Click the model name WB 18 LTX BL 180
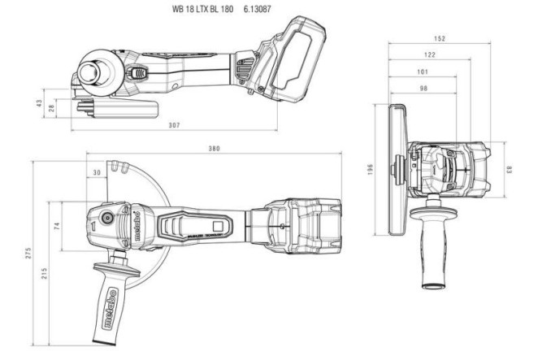tap(202, 9)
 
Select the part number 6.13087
tap(258, 9)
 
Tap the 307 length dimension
tap(174, 124)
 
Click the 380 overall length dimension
tap(214, 148)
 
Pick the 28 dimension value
tap(52, 107)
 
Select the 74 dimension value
tap(57, 225)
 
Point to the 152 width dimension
tap(438, 37)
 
